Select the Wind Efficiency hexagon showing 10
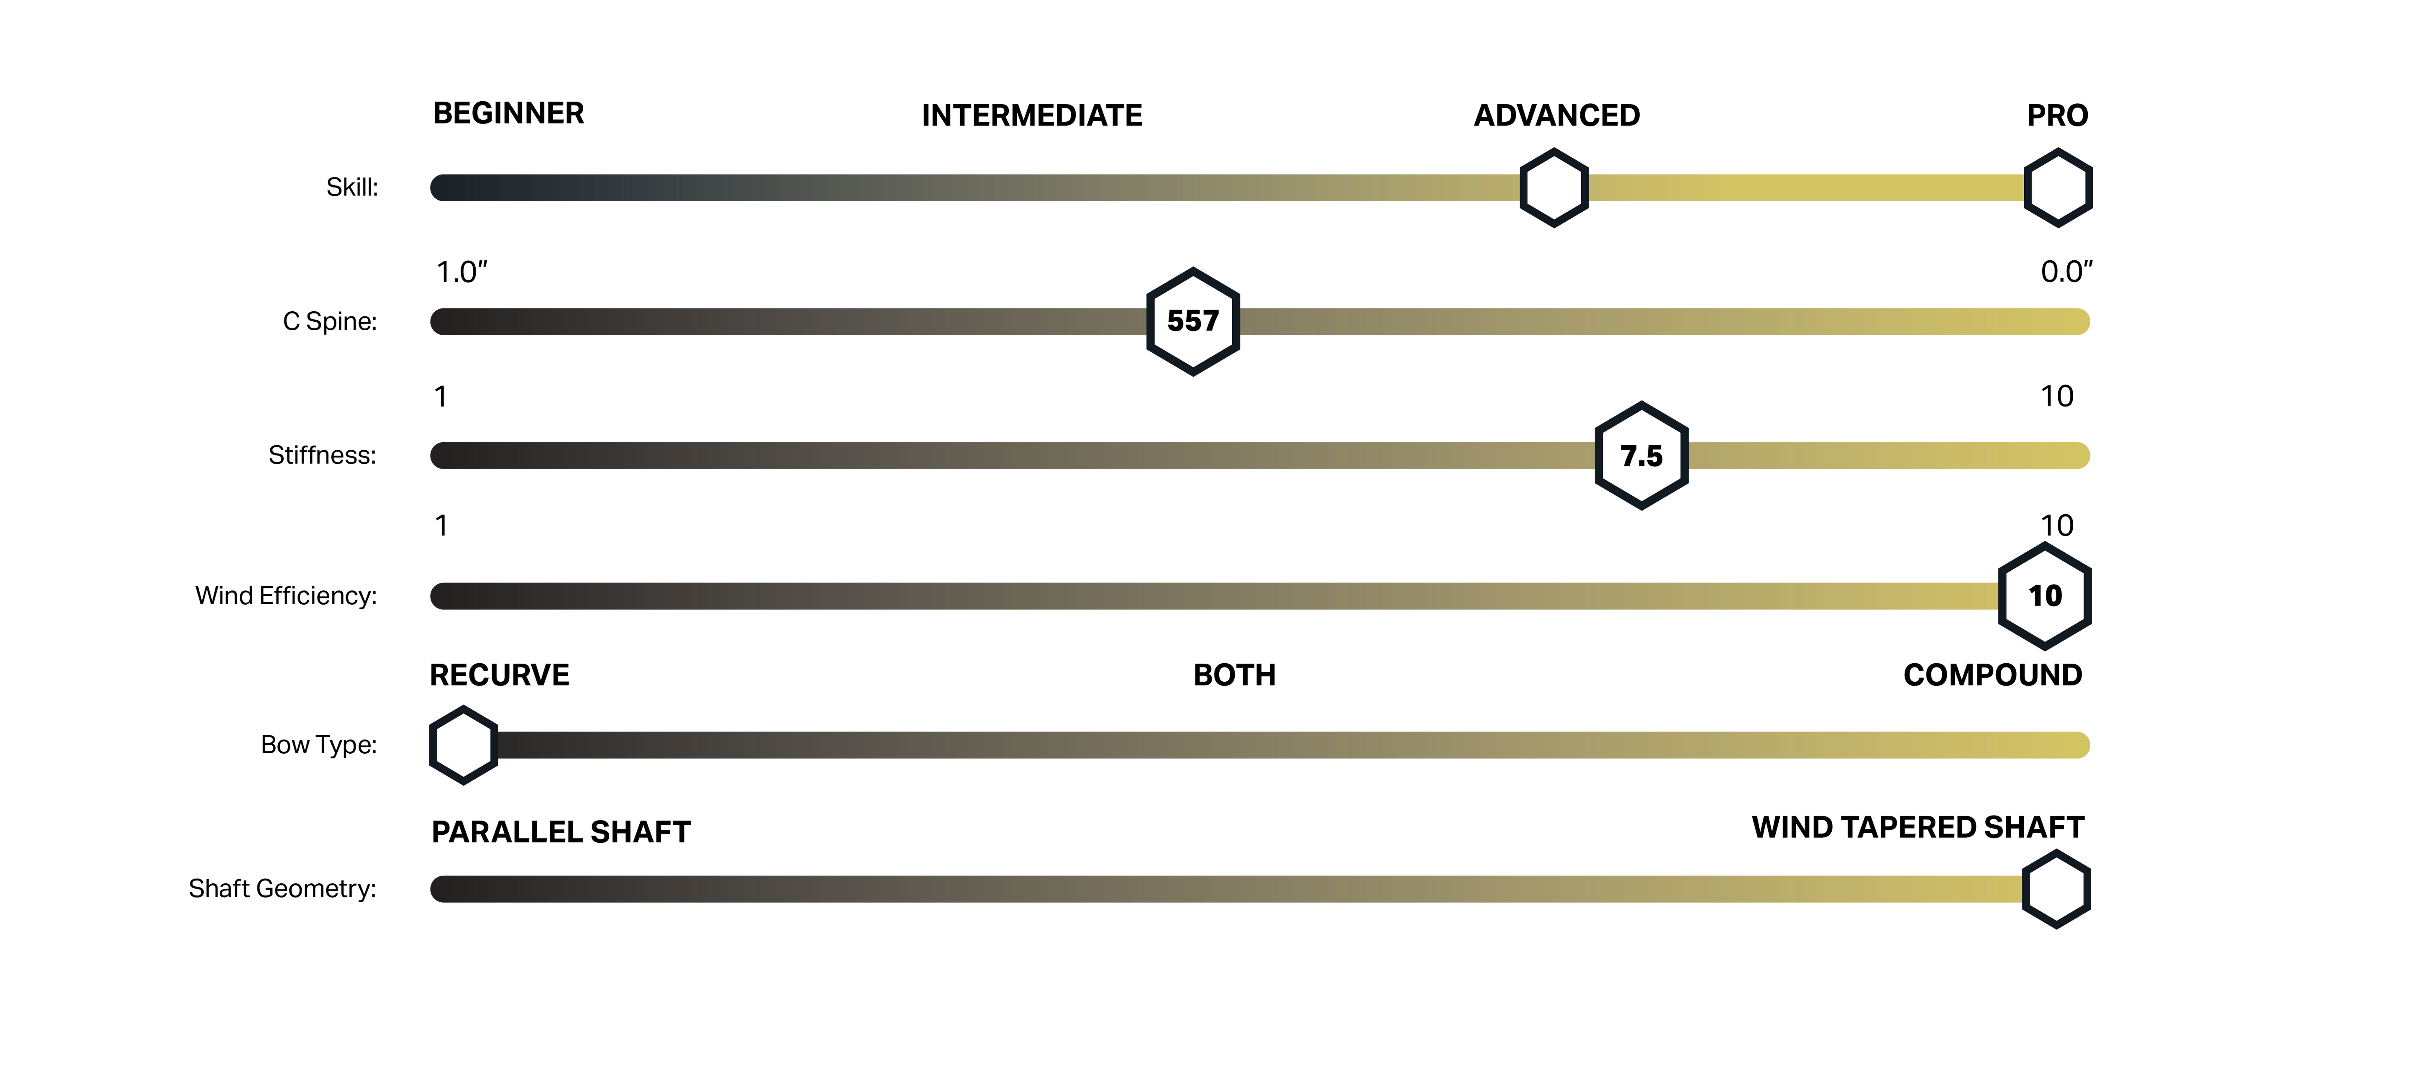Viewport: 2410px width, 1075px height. pyautogui.click(x=2045, y=596)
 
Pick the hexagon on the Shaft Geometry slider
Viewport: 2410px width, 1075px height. pyautogui.click(x=2056, y=889)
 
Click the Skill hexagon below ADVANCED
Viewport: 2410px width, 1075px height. pyautogui.click(x=1554, y=187)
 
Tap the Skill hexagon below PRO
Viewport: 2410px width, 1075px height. pyautogui.click(x=2058, y=187)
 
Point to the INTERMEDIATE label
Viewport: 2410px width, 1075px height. pyautogui.click(x=1032, y=115)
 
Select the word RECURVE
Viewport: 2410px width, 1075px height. pyautogui.click(x=500, y=675)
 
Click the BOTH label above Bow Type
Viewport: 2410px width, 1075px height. pyautogui.click(x=1234, y=675)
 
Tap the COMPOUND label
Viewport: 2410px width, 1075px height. pyautogui.click(x=1993, y=675)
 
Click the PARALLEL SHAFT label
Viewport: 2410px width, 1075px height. pyautogui.click(x=561, y=832)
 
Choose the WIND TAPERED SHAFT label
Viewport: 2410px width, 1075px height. pyautogui.click(x=1918, y=827)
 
